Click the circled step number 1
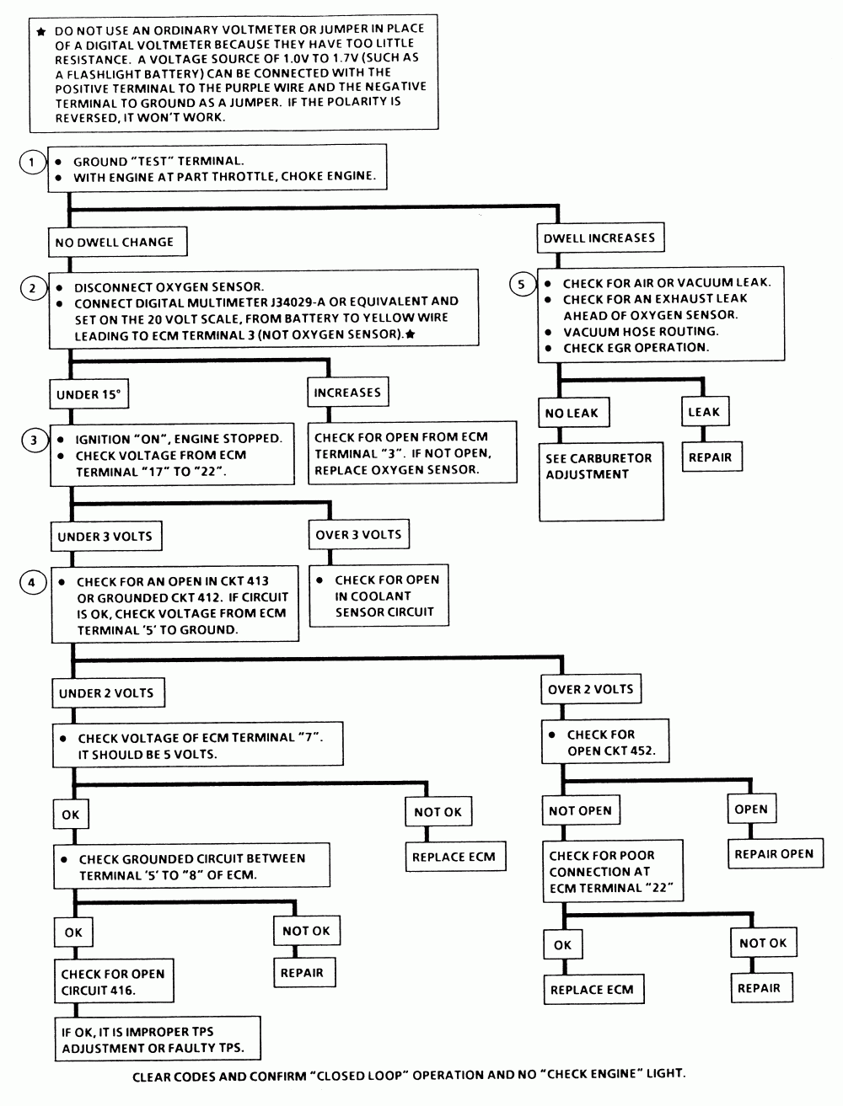click(32, 163)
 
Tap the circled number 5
click(522, 284)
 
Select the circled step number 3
click(35, 440)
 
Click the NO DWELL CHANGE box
click(117, 242)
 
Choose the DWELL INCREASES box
click(600, 238)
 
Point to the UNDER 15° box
click(89, 394)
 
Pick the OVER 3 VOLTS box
click(358, 534)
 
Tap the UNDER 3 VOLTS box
click(106, 536)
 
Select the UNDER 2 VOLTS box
click(108, 692)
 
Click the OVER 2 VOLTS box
click(591, 689)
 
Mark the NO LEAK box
click(574, 413)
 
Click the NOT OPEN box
click(581, 810)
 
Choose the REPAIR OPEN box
click(776, 853)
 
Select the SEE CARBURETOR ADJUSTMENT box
click(602, 481)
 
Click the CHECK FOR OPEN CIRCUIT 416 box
click(114, 981)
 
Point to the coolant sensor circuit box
click(379, 596)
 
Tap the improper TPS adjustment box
click(158, 1039)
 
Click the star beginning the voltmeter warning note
click(41, 32)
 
